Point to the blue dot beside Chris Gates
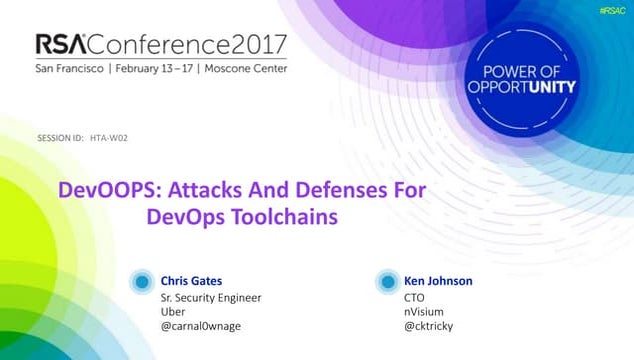click(x=144, y=282)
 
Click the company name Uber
click(x=174, y=312)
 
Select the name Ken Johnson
click(x=437, y=281)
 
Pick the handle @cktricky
click(x=429, y=327)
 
